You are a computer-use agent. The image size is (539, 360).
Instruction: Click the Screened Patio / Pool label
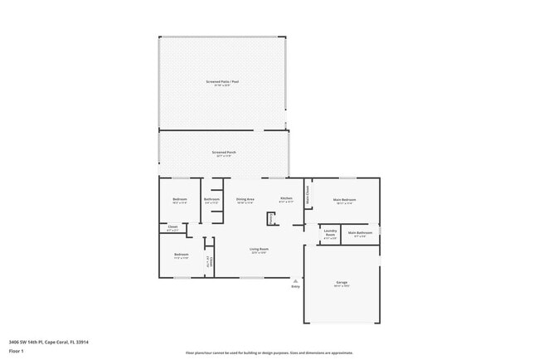222,81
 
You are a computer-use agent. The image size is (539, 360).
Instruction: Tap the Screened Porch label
224,153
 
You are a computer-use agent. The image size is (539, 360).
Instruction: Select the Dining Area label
245,199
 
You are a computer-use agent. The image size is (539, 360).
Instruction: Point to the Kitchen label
286,199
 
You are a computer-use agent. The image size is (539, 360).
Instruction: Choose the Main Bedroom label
345,199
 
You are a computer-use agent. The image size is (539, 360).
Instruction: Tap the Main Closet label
308,197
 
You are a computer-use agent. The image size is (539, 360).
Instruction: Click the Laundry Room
330,234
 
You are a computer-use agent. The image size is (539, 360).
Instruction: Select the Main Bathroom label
360,233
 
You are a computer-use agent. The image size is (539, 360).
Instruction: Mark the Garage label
342,283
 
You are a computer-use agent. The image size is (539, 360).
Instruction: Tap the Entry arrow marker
294,281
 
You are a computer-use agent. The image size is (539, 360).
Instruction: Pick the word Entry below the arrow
294,288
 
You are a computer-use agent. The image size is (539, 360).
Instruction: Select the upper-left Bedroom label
180,199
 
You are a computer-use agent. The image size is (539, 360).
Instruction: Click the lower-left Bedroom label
181,255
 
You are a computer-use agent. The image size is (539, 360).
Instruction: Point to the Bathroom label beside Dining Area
211,199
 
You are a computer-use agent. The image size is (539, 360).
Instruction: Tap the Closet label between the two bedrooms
172,227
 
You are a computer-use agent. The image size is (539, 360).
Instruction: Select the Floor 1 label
17,351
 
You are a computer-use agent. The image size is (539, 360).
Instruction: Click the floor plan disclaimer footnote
269,353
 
